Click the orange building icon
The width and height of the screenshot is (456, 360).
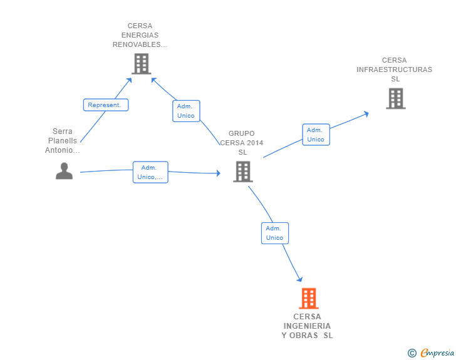(309, 298)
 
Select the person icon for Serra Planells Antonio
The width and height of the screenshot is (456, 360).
(64, 171)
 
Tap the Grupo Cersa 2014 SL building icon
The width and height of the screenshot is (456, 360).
(243, 172)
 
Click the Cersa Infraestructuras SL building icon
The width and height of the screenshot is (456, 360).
(395, 98)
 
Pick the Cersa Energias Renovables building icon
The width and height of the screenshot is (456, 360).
(142, 64)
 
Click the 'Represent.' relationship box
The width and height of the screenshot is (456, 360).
(106, 105)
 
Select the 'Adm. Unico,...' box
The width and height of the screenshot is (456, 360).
(150, 172)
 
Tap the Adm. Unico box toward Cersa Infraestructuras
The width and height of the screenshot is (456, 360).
(316, 135)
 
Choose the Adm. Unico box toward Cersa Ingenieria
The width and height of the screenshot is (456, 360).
(275, 233)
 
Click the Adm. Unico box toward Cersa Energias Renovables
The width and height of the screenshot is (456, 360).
(186, 111)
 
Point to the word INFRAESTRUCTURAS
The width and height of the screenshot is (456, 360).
(395, 69)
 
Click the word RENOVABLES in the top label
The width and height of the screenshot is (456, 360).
(137, 44)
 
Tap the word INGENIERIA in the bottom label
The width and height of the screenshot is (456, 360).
(307, 326)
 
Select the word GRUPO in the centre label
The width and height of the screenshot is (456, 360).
(241, 133)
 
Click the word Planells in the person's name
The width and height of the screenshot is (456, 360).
(63, 141)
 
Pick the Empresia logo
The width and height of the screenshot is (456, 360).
(437, 353)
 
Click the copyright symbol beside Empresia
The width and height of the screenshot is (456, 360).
(412, 353)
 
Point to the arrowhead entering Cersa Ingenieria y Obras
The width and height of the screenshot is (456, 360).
(300, 279)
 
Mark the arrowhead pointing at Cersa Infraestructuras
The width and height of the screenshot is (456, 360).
(366, 114)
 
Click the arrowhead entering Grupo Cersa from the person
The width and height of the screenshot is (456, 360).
(219, 173)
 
